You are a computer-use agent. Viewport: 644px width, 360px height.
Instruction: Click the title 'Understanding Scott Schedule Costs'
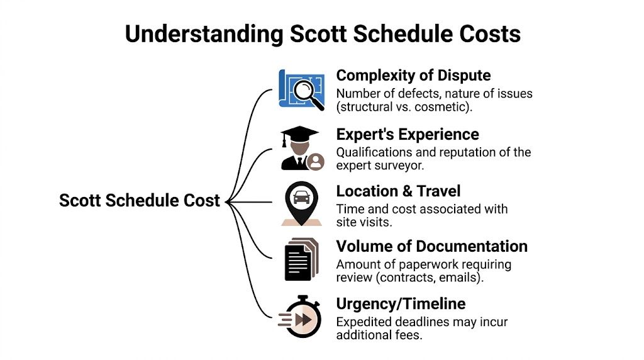pyautogui.click(x=322, y=33)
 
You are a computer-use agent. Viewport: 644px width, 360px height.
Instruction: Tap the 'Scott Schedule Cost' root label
pyautogui.click(x=139, y=200)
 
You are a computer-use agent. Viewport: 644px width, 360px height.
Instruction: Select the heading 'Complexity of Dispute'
pyautogui.click(x=413, y=76)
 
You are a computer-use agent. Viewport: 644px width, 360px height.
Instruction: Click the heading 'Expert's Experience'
pyautogui.click(x=408, y=134)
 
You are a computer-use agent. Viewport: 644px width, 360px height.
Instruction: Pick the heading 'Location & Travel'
pyautogui.click(x=397, y=191)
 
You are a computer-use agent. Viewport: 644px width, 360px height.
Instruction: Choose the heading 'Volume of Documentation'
pyautogui.click(x=431, y=246)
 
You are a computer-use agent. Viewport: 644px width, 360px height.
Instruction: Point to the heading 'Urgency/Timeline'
pyautogui.click(x=401, y=304)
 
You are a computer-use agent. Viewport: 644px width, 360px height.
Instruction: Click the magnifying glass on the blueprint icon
pyautogui.click(x=306, y=93)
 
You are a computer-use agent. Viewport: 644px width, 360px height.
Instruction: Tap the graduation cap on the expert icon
pyautogui.click(x=299, y=134)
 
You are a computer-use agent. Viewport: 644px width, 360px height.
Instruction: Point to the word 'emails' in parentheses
pyautogui.click(x=468, y=278)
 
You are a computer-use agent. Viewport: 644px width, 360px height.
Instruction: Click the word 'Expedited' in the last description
pyautogui.click(x=365, y=322)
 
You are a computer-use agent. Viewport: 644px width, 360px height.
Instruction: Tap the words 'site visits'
pyautogui.click(x=364, y=222)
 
